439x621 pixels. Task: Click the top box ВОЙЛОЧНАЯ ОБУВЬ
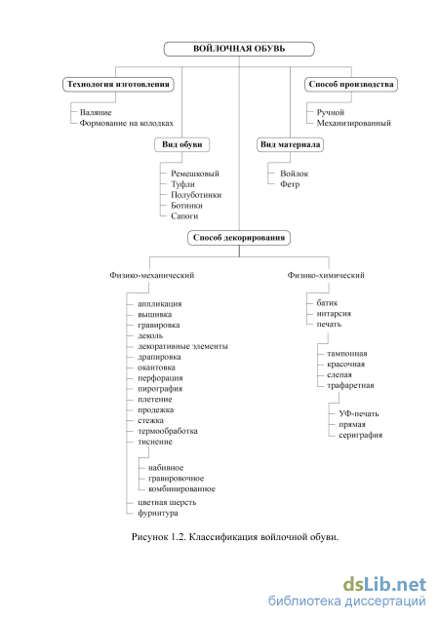(x=239, y=49)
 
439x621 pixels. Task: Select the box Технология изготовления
(x=118, y=85)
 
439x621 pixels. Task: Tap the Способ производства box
(x=351, y=85)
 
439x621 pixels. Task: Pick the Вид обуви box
(x=181, y=144)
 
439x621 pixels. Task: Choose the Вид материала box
(x=290, y=144)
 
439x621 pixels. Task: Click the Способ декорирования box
(x=239, y=238)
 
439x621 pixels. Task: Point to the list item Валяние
(x=96, y=112)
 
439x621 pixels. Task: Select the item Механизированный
(x=354, y=123)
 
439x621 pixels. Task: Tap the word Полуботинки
(x=196, y=195)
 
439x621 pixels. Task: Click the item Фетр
(x=290, y=184)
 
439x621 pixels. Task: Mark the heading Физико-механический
(x=152, y=275)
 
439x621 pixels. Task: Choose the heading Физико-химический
(x=326, y=275)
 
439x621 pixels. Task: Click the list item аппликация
(x=160, y=304)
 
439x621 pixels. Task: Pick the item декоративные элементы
(x=182, y=346)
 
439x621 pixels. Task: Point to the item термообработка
(x=168, y=431)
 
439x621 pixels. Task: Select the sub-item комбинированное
(x=181, y=489)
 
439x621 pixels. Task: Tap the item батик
(x=327, y=303)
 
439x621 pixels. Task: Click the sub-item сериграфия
(x=361, y=435)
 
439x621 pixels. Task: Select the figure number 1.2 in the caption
(x=179, y=537)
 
